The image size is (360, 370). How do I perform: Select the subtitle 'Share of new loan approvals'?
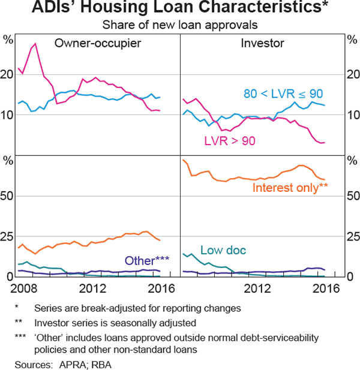click(x=180, y=26)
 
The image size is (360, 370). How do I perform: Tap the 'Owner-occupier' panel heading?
click(x=97, y=43)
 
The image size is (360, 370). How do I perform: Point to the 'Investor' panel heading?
click(x=262, y=43)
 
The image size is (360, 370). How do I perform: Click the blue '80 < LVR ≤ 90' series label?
click(x=283, y=94)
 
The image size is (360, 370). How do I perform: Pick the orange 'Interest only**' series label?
click(x=290, y=187)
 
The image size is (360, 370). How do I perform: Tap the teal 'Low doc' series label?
click(x=223, y=250)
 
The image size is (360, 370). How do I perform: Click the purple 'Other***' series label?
click(x=147, y=261)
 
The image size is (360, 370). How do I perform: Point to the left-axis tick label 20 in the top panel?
click(x=8, y=74)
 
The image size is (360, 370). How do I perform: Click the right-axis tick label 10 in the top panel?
click(x=352, y=115)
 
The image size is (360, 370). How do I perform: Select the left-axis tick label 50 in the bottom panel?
click(x=8, y=196)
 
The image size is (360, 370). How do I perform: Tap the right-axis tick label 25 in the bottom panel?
click(x=352, y=236)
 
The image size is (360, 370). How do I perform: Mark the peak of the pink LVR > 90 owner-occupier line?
click(x=35, y=44)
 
